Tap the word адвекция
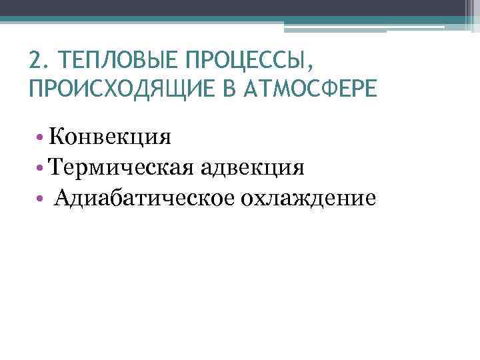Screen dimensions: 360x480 tap(250, 167)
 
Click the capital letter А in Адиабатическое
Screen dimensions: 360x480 tap(63, 198)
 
